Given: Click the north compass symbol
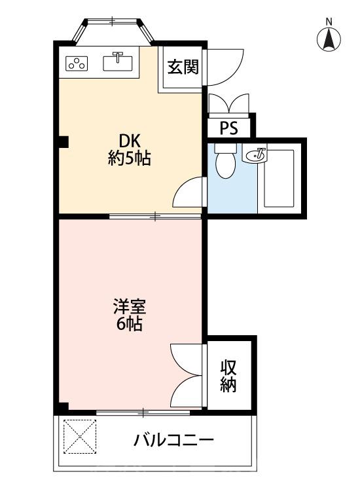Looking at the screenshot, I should (329, 39).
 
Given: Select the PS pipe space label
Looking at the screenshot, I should (229, 128).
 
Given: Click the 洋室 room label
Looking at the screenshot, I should (130, 306).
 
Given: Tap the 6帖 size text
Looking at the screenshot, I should (130, 323).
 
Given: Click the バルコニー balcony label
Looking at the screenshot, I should (173, 439).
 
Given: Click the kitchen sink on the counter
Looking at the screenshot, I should (119, 62).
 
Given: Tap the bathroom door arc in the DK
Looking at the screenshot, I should (190, 193).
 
